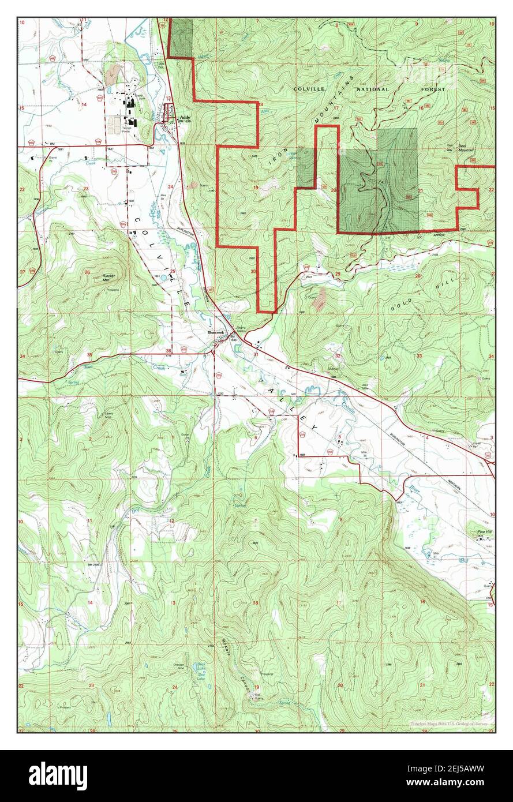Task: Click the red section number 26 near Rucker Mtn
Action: pyautogui.click(x=87, y=272)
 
